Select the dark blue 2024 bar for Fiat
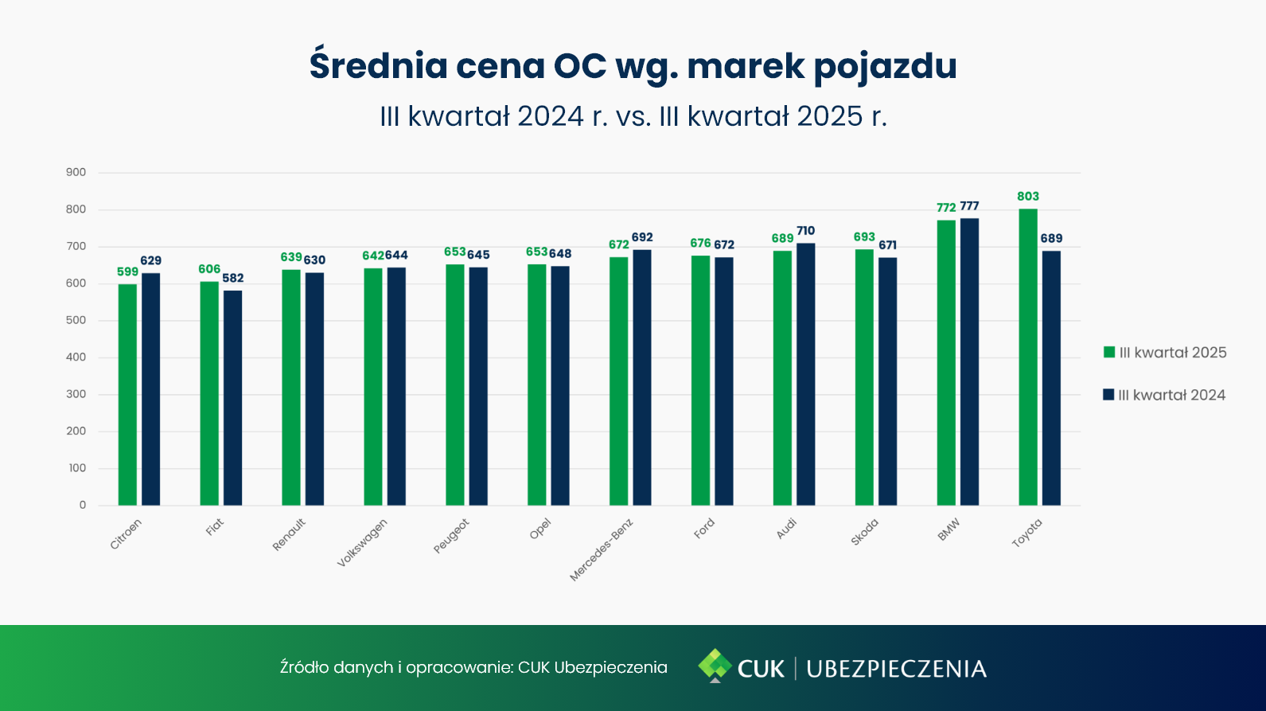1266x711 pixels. [232, 397]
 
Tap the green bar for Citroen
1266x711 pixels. [127, 394]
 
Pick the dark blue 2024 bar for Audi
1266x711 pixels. [805, 373]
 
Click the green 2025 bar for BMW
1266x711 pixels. [946, 362]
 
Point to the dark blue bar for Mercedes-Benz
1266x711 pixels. [642, 377]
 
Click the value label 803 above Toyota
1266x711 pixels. [1027, 197]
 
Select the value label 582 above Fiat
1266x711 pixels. [233, 278]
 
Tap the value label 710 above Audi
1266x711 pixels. [805, 231]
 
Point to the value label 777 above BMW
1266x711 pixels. [969, 206]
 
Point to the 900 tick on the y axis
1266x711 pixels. [76, 172]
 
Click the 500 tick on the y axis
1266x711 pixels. [76, 320]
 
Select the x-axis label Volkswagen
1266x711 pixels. [362, 542]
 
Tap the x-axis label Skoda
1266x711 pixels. [864, 532]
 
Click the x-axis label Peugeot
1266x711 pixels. [451, 536]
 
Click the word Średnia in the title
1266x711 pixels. [379, 65]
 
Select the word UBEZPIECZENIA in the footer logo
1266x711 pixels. [896, 669]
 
